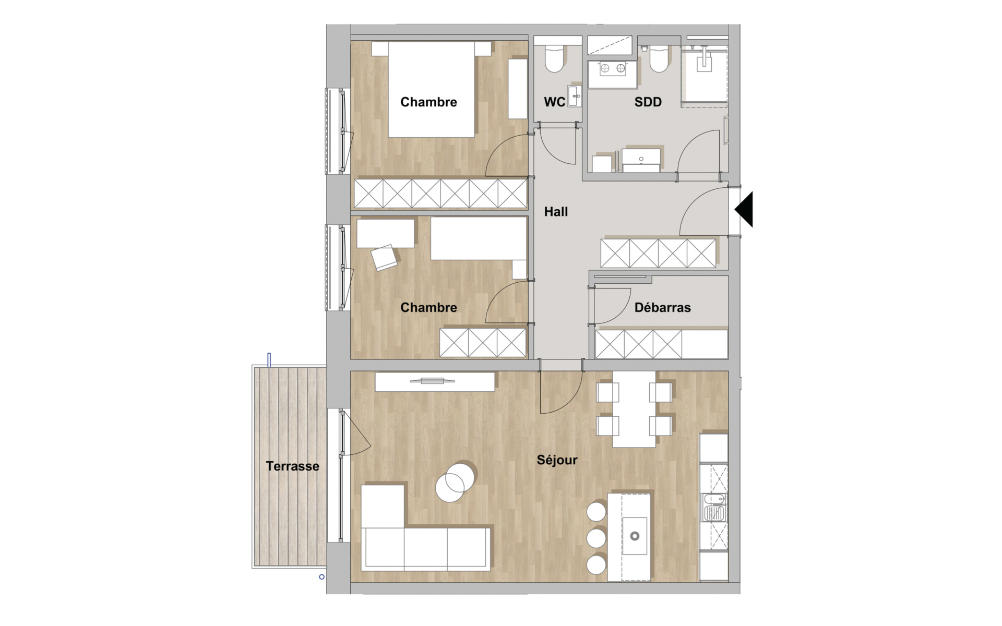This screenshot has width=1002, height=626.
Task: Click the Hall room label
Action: click(x=556, y=212)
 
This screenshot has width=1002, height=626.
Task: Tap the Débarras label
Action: click(x=662, y=308)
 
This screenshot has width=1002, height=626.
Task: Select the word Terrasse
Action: click(x=292, y=466)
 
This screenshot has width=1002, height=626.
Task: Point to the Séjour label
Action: click(x=557, y=460)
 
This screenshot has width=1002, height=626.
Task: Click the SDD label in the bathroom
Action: click(x=648, y=102)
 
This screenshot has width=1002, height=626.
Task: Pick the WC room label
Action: click(x=554, y=102)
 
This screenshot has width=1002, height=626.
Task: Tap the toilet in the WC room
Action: click(x=554, y=59)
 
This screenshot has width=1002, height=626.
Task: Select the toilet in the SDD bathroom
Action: click(x=659, y=59)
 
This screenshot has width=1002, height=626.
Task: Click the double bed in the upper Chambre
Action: click(x=432, y=89)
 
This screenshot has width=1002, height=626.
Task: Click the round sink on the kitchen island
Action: click(x=635, y=536)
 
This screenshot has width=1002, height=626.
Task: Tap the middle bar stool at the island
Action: click(x=596, y=538)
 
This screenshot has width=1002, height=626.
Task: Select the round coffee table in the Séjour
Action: click(x=455, y=481)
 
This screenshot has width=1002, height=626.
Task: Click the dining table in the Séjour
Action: click(x=634, y=409)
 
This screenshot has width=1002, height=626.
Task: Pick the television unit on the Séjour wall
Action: click(x=435, y=382)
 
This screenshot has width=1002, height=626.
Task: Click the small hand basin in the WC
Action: click(x=575, y=97)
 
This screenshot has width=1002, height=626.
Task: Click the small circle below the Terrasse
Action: click(x=322, y=576)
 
